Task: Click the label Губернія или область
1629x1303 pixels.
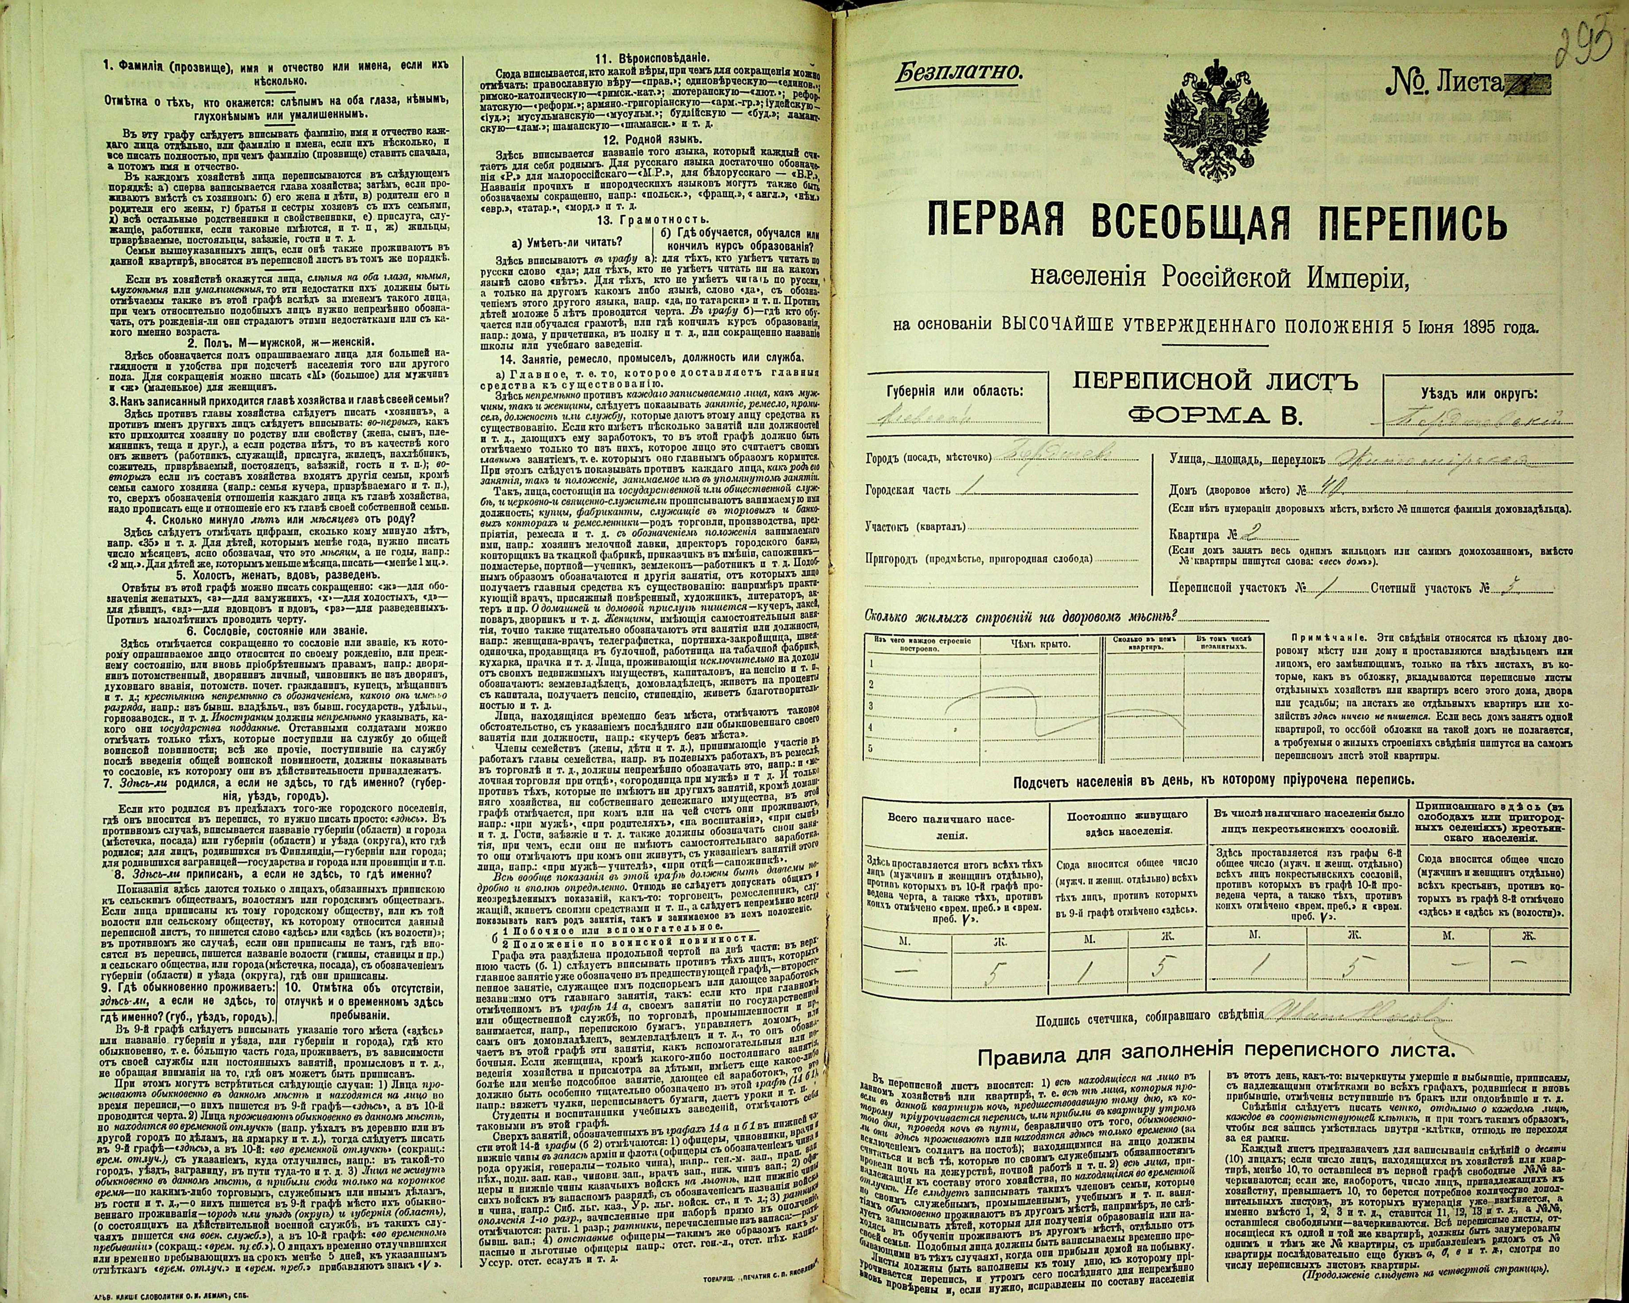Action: click(x=955, y=391)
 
